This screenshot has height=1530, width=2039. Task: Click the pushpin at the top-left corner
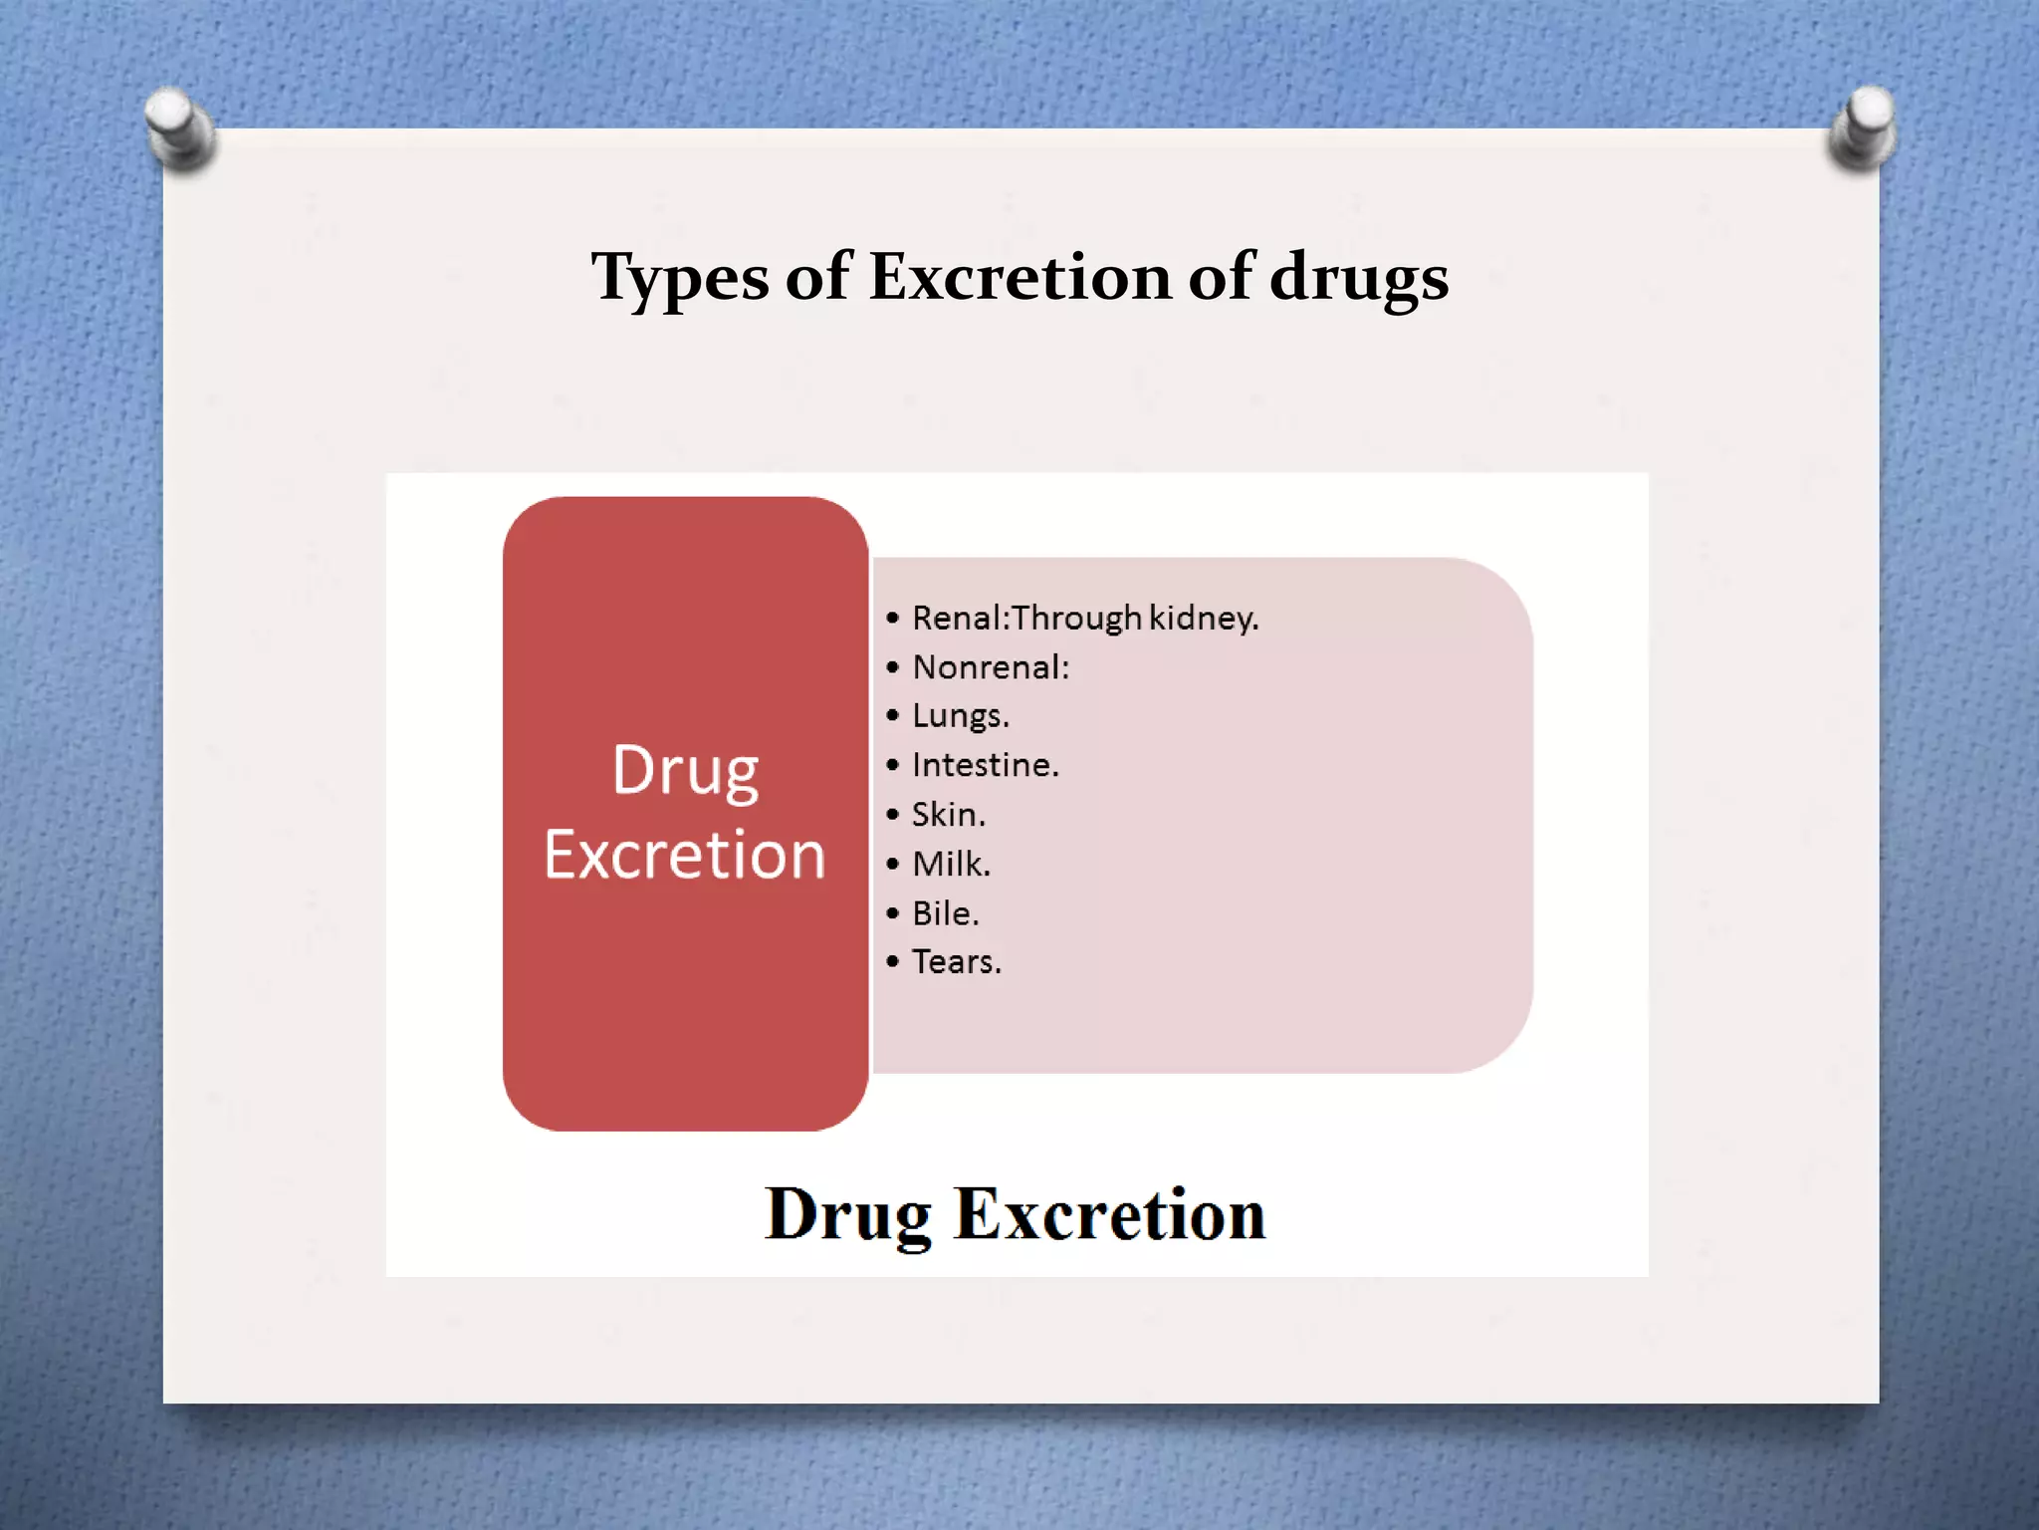[x=179, y=127]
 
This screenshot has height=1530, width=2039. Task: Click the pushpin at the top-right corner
[x=1863, y=127]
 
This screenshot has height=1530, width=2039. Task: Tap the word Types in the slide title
[x=679, y=278]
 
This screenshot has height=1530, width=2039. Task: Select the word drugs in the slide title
[x=1358, y=278]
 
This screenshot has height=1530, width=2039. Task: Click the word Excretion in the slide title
[x=1019, y=276]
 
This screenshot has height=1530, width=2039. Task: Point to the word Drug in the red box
[x=685, y=770]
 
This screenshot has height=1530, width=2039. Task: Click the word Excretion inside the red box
[x=685, y=855]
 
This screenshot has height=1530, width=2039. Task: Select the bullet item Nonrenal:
[x=991, y=667]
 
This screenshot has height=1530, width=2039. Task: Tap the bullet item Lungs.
[x=961, y=716]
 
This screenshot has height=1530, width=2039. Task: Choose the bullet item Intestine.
[x=986, y=765]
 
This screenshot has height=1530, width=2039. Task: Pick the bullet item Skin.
[x=949, y=815]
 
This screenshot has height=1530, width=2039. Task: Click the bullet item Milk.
[x=952, y=864]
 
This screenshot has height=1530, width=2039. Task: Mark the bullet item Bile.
[x=946, y=913]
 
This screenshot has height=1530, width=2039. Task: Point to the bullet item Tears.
[x=957, y=962]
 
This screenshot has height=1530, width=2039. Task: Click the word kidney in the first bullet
[x=1204, y=619]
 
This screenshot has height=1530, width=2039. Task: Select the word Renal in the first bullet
[x=957, y=619]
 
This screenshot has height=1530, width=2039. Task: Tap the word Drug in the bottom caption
[x=848, y=1214]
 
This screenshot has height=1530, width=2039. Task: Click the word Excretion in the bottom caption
[x=1109, y=1214]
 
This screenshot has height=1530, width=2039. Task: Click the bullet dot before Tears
[x=892, y=962]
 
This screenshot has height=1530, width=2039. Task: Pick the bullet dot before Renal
[x=892, y=619]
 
